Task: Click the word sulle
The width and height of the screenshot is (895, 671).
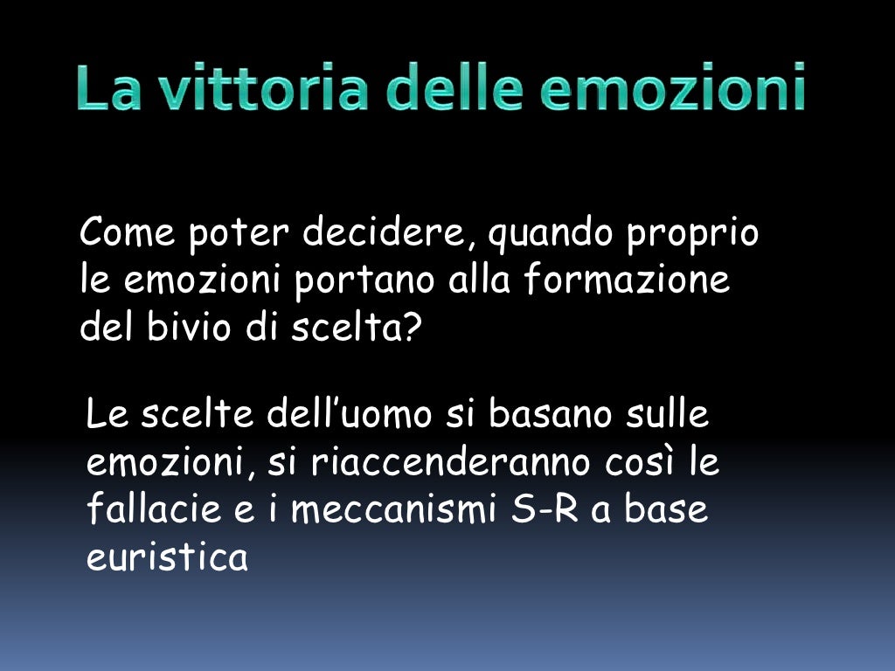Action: point(668,414)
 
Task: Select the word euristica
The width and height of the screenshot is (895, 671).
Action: point(167,557)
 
